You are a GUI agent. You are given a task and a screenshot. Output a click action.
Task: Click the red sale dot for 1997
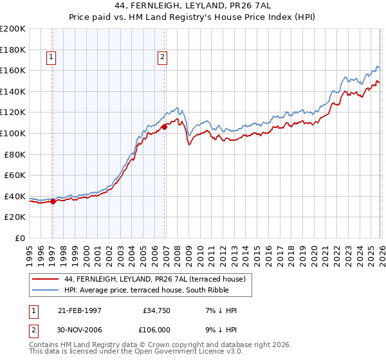(x=53, y=201)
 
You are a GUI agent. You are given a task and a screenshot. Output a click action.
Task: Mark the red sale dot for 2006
(x=165, y=127)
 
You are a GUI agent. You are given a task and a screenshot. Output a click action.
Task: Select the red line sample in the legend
(x=46, y=279)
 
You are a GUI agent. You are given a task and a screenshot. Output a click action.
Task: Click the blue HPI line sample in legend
(x=46, y=290)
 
